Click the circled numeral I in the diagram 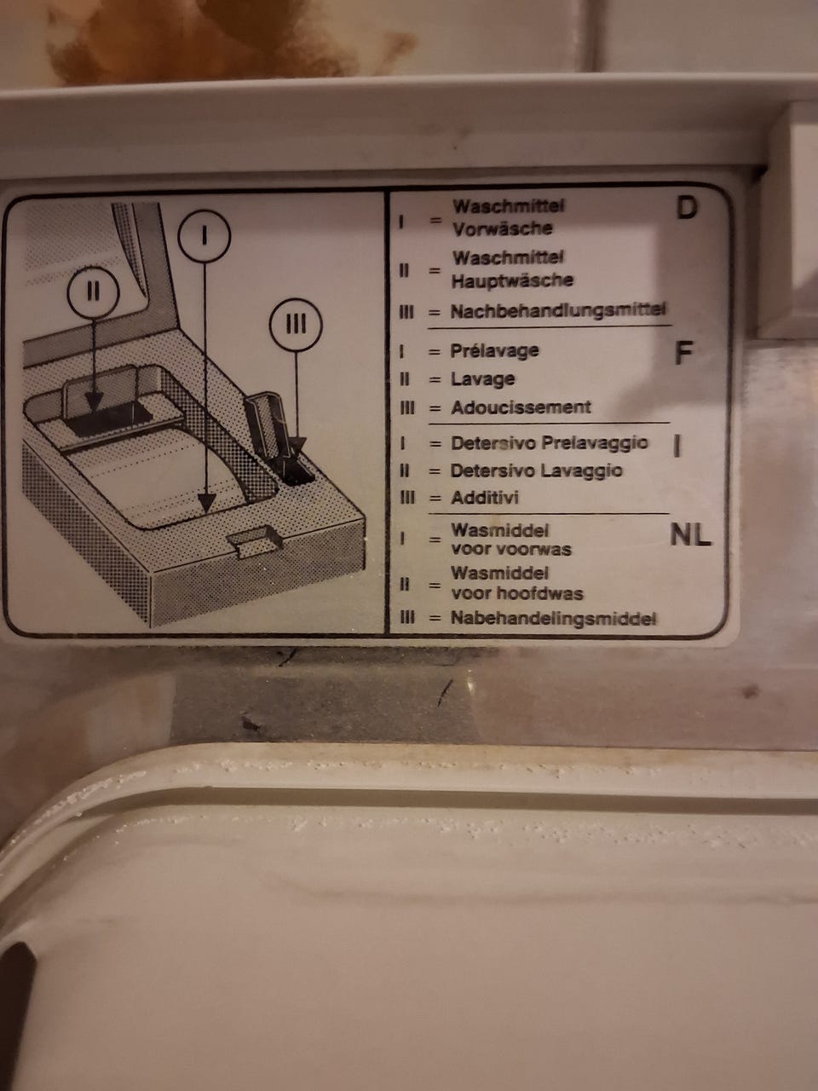point(204,235)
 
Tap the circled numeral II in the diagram point(94,292)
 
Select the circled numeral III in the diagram point(296,325)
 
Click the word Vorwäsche point(502,228)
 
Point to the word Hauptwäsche point(512,280)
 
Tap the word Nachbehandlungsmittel point(558,311)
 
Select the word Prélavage point(494,351)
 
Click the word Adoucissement point(521,407)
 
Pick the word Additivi point(485,498)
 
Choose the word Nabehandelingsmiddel point(553,619)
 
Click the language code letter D point(687,208)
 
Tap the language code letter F point(683,353)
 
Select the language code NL point(690,535)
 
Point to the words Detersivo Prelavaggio point(550,443)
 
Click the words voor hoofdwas point(517,593)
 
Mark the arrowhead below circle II point(94,400)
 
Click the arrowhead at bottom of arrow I point(206,503)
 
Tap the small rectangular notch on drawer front point(254,541)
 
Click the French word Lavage point(483,380)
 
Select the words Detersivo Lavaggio point(537,470)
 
